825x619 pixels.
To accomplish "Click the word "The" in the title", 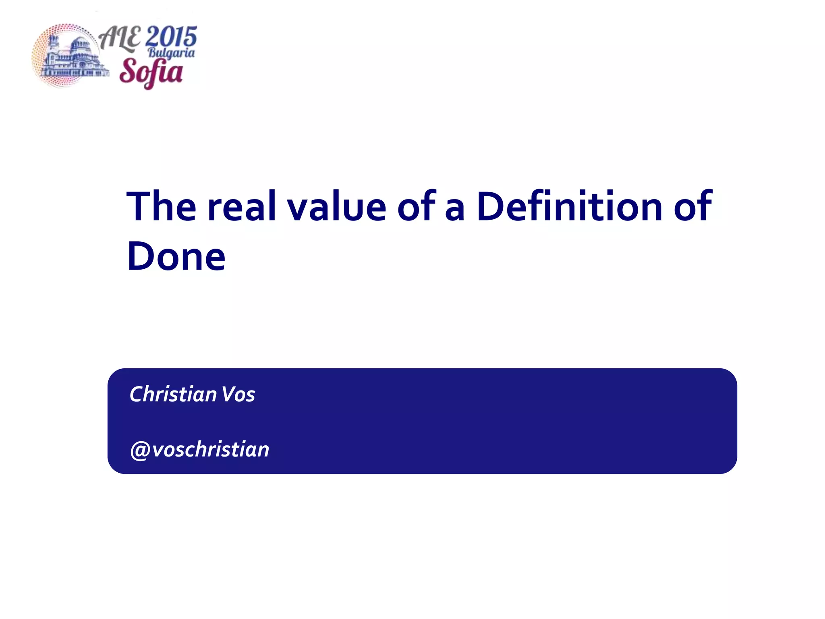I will tap(161, 206).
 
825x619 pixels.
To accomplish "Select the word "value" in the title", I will tap(336, 206).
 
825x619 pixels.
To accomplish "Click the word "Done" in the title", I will tap(176, 257).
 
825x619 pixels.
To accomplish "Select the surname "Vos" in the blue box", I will tap(238, 394).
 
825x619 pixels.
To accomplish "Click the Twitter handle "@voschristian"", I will tap(199, 449).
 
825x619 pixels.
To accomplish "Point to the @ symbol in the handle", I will tap(140, 450).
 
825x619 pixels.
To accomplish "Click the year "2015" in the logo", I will tap(171, 37).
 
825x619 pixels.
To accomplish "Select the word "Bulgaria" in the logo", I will tap(171, 53).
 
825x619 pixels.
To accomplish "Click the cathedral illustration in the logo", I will tap(73, 56).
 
